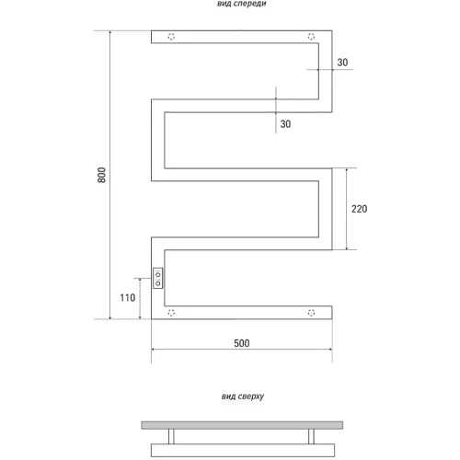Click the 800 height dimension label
(101, 175)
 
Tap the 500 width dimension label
(242, 343)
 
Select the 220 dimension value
(359, 209)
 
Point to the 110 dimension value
(127, 297)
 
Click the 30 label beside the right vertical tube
(342, 63)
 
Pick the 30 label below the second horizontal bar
(285, 124)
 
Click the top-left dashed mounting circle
(171, 37)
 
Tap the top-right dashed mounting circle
(311, 37)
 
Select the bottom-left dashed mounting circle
(171, 313)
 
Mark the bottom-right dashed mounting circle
(311, 313)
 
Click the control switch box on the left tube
(157, 278)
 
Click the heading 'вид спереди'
(242, 4)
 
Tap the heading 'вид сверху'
(243, 397)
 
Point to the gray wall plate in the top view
(242, 425)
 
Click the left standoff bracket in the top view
(171, 436)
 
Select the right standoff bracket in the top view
(311, 436)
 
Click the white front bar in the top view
(243, 450)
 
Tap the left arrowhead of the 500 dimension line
(154, 350)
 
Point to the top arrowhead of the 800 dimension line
(110, 32)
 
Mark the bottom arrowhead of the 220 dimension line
(347, 247)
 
